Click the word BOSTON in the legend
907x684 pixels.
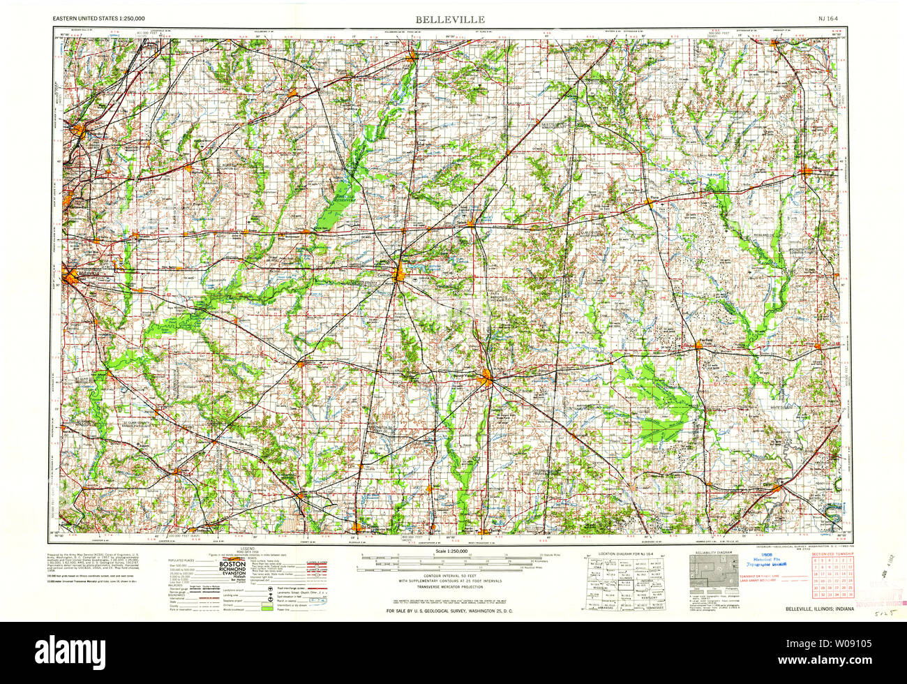point(233,563)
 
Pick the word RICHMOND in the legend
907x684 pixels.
point(233,570)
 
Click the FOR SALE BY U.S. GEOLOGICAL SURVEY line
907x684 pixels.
point(453,611)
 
